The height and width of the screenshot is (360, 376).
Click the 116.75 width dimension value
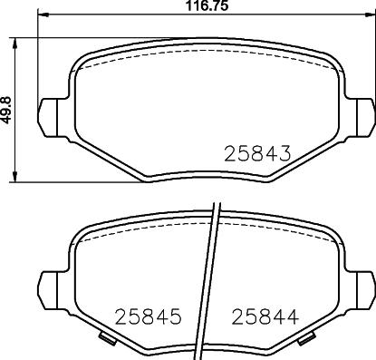pyautogui.click(x=207, y=5)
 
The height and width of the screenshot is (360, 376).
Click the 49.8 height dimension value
pyautogui.click(x=6, y=110)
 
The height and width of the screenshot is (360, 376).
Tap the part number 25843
pyautogui.click(x=257, y=153)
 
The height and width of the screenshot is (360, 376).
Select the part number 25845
pyautogui.click(x=149, y=316)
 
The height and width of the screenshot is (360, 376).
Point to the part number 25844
pyautogui.click(x=265, y=316)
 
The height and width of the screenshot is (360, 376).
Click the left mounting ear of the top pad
pyautogui.click(x=47, y=118)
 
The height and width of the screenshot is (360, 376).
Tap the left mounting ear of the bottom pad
pyautogui.click(x=47, y=291)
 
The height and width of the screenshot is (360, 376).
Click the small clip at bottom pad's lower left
pyautogui.click(x=109, y=338)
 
